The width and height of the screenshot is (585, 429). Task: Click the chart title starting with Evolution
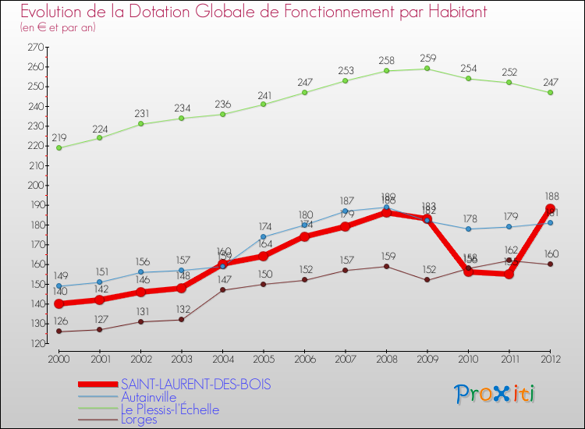click(x=243, y=12)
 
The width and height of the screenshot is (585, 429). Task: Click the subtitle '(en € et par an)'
click(x=58, y=27)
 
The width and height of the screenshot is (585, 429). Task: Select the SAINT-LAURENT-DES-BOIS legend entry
click(x=196, y=385)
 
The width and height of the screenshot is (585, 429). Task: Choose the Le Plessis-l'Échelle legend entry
click(x=169, y=409)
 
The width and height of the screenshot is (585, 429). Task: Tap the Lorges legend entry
click(x=139, y=420)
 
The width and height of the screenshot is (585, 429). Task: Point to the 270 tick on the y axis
click(x=35, y=48)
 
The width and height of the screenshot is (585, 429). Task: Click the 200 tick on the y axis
click(x=35, y=186)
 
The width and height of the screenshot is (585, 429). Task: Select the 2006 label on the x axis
click(x=304, y=358)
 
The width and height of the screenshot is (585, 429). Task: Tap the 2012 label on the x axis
click(x=550, y=358)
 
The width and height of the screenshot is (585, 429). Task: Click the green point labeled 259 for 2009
click(x=427, y=69)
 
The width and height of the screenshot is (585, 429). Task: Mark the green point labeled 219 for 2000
click(x=58, y=147)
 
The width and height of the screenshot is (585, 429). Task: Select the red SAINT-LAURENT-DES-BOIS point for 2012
click(x=551, y=209)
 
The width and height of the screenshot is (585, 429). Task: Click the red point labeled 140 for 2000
click(x=58, y=304)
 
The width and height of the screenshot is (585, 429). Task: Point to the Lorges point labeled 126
click(x=58, y=331)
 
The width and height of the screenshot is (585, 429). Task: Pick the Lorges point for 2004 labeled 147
click(x=222, y=290)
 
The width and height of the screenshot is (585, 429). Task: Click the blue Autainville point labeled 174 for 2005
click(x=264, y=236)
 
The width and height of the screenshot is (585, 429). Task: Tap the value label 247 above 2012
click(x=551, y=81)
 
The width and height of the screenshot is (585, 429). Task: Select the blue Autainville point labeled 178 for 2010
click(x=469, y=229)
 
